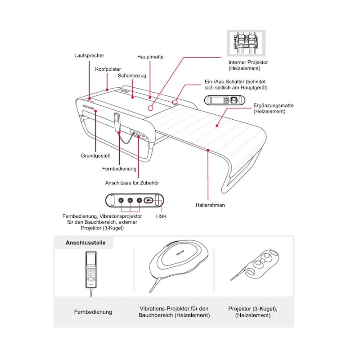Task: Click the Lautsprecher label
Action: point(89,56)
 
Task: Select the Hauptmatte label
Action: point(150,57)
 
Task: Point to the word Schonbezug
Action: point(132,76)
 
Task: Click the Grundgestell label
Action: point(95,156)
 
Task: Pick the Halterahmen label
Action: point(210,205)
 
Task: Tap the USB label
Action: point(161,216)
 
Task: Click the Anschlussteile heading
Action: point(85,243)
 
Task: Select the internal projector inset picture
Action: point(246,43)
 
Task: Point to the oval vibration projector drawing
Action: point(179,261)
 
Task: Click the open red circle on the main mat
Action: point(150,108)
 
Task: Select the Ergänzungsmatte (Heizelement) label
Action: point(274,108)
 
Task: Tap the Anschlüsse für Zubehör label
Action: point(132,183)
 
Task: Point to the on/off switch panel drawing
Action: point(223,100)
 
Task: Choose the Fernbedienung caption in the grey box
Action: point(93,312)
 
